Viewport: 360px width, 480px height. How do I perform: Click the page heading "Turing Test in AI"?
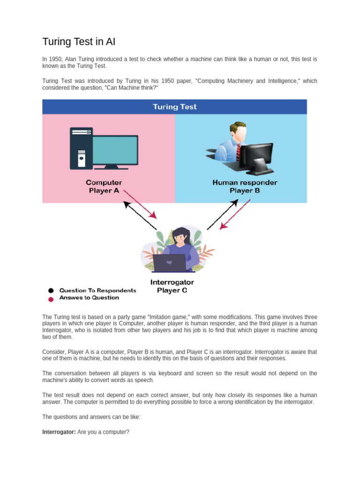click(79, 42)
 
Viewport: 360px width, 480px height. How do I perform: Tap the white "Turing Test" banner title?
click(174, 107)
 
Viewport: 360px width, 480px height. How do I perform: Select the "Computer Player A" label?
click(104, 186)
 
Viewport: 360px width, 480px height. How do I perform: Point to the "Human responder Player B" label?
click(245, 186)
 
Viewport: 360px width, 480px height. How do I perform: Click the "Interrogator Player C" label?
click(172, 286)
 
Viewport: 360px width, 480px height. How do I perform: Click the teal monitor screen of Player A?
click(115, 150)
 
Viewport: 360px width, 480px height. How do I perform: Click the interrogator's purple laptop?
click(169, 263)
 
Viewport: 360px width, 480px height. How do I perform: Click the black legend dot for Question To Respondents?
click(51, 291)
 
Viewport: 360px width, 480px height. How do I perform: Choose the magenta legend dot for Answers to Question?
click(51, 298)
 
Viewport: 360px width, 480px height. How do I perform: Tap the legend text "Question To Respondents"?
click(97, 291)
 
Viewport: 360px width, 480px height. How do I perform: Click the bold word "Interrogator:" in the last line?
click(59, 432)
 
